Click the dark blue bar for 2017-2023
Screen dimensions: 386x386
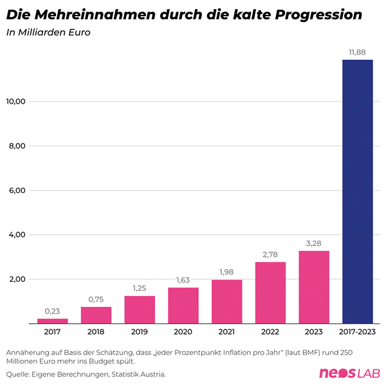358,191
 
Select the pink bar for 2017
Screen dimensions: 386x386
52,320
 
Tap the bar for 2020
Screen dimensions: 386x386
183,305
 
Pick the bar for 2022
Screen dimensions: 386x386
270,292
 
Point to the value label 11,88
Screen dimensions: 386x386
358,52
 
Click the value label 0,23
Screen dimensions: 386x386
52,311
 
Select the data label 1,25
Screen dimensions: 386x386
140,288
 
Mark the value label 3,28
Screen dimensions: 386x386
314,243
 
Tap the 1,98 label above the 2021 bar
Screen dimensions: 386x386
226,272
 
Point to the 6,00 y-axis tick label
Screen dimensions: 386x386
16,190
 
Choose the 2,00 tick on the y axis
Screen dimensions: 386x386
16,279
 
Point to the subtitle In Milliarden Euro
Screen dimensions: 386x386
44,33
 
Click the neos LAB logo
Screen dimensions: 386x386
350,373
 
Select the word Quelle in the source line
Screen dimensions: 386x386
19,374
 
